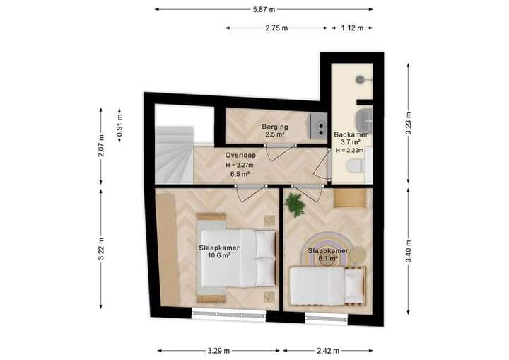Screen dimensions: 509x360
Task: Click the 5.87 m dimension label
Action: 264,9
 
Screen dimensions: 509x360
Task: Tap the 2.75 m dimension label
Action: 276,28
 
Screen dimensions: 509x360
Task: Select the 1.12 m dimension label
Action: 352,28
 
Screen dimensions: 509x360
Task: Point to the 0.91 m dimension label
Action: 119,125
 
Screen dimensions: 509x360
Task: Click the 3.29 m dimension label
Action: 218,351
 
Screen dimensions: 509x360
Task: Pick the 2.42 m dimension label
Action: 328,351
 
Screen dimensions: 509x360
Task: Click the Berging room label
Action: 275,127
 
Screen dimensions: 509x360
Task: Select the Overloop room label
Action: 240,156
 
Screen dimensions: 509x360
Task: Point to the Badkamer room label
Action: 351,134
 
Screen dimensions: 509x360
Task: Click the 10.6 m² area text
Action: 219,255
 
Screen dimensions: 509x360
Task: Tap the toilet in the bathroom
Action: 354,166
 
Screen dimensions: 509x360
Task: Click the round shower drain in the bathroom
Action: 361,79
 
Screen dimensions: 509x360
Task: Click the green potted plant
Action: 294,204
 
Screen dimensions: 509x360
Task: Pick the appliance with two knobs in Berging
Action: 317,126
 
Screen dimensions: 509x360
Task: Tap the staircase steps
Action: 175,156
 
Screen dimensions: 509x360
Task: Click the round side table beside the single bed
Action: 358,255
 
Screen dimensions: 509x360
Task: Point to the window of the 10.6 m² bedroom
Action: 229,315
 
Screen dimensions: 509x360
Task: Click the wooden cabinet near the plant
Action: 350,198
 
